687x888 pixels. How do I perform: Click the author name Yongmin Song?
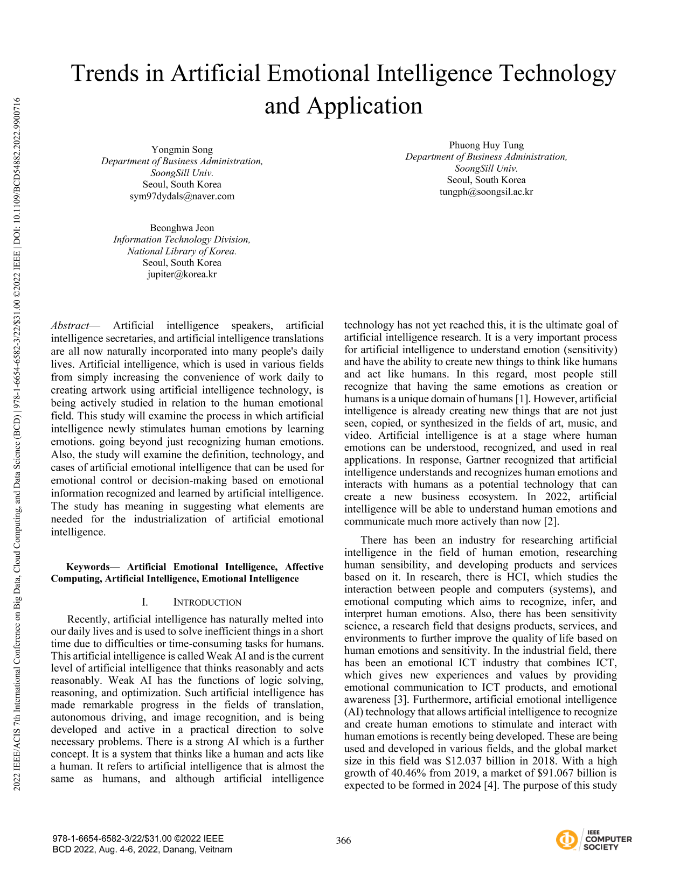tap(182, 150)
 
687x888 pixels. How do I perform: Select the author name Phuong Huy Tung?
tap(486, 145)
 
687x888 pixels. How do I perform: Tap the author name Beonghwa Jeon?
tap(182, 228)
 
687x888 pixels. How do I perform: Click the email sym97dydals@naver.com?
tap(182, 196)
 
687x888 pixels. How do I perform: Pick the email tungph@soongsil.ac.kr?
tap(486, 192)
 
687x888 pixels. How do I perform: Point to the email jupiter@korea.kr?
tap(182, 274)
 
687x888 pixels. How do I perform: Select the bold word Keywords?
tap(87, 567)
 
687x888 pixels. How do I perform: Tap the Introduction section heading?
tap(207, 603)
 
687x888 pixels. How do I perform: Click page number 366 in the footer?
tap(343, 841)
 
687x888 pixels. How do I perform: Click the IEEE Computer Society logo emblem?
tap(566, 840)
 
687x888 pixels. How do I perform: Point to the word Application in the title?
tap(365, 106)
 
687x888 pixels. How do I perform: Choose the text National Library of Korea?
tap(182, 251)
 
